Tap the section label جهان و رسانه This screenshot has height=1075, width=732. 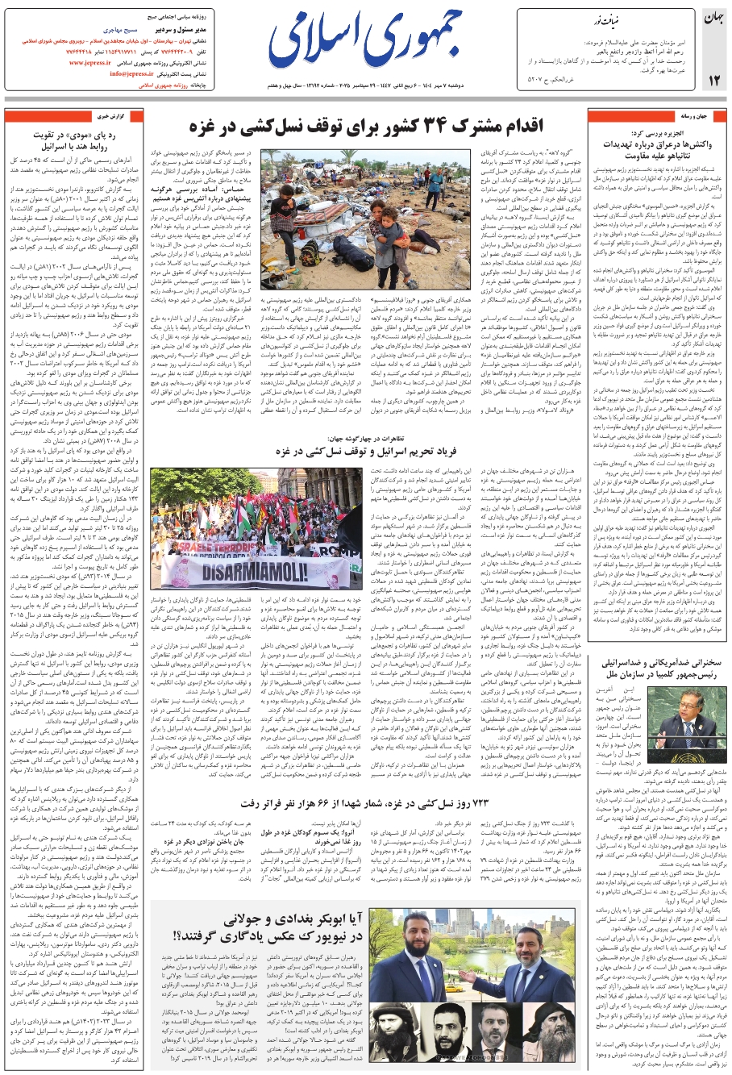[692, 116]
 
